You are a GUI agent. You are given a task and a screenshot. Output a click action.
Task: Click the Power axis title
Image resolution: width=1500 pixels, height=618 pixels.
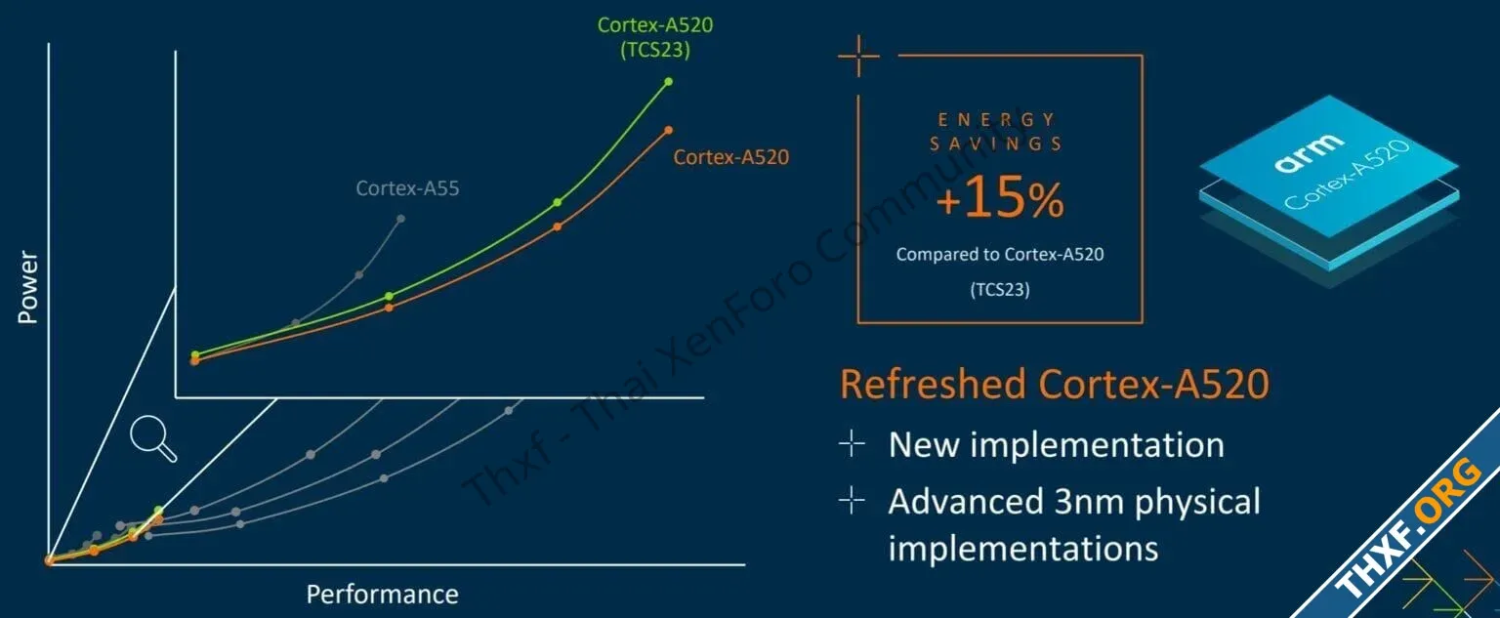[27, 287]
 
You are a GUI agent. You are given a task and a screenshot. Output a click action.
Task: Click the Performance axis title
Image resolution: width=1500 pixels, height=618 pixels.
[383, 594]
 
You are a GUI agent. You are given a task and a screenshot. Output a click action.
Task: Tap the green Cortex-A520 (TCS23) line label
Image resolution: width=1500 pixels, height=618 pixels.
[655, 37]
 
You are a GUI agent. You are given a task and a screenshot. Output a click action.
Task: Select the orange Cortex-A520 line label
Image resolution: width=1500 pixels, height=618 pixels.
[730, 156]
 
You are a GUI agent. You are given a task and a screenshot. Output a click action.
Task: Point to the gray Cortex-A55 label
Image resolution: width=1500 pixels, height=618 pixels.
[407, 188]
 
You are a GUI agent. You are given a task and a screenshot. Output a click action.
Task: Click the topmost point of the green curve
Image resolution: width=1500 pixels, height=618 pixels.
[668, 82]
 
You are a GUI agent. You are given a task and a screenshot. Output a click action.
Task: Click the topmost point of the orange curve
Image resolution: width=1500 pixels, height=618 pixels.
[668, 130]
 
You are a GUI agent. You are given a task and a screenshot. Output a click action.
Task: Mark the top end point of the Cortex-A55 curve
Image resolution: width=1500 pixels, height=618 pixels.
[400, 219]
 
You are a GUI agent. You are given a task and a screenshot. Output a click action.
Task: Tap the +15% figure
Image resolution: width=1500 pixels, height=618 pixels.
[1000, 197]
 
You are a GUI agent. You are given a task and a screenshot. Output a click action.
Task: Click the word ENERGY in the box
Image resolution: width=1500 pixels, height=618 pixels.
[996, 120]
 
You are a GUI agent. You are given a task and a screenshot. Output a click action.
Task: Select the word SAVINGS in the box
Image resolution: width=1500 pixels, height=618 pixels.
[996, 144]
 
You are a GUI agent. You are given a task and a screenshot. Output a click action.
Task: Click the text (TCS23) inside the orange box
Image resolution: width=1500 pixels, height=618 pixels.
[1000, 289]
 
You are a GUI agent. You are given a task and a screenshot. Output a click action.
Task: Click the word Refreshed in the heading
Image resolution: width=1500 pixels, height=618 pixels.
[933, 385]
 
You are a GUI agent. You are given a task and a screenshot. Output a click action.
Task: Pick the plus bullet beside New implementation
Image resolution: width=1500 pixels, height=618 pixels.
[852, 443]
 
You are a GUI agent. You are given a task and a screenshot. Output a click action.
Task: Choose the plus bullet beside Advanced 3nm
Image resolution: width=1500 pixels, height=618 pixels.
[852, 500]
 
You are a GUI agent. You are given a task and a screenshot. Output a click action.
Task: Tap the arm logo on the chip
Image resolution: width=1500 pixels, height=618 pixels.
[1310, 153]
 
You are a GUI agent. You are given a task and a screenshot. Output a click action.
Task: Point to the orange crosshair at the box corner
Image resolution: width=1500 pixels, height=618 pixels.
[858, 56]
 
